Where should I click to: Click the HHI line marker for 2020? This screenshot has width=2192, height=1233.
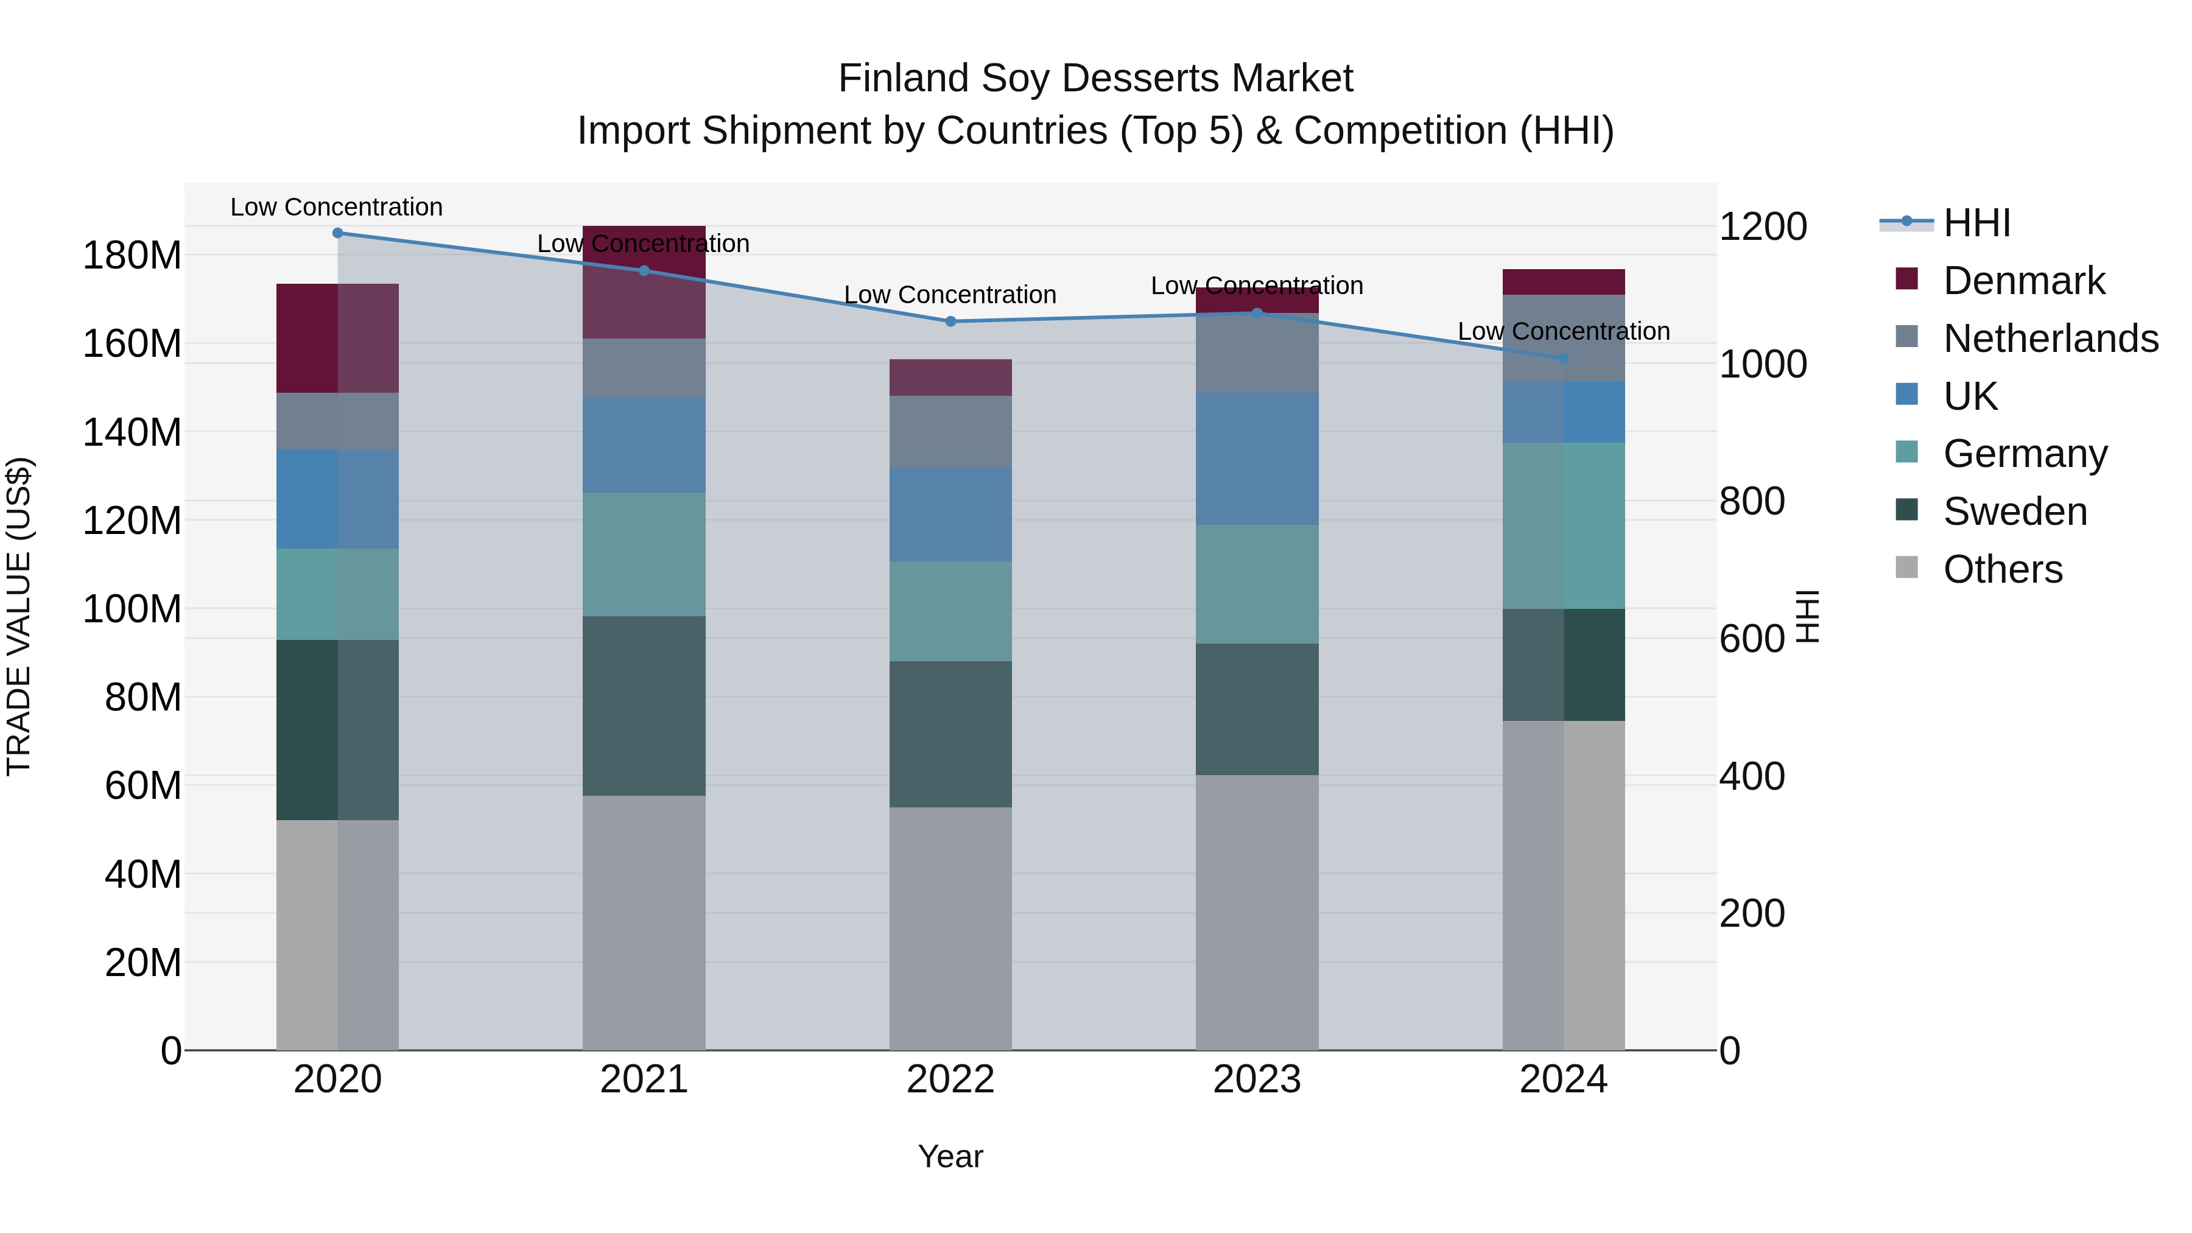(338, 233)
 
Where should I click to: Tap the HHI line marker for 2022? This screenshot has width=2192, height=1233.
(950, 321)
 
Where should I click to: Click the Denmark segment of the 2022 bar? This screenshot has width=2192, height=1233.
(950, 378)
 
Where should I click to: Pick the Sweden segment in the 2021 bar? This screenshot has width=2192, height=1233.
(644, 706)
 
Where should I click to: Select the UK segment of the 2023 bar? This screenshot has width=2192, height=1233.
(1257, 458)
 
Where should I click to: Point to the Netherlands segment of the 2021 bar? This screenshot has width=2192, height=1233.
(644, 368)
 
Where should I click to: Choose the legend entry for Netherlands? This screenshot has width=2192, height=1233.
(2051, 339)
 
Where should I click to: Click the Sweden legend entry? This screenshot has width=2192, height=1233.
(2015, 511)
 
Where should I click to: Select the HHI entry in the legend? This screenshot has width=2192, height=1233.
(1976, 223)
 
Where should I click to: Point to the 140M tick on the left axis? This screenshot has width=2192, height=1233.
(132, 432)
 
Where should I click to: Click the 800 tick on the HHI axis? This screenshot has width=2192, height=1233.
(1752, 501)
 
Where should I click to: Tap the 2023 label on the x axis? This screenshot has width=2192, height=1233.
(1257, 1080)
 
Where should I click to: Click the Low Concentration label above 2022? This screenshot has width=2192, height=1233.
(950, 295)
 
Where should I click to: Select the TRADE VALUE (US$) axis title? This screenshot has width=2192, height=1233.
(19, 616)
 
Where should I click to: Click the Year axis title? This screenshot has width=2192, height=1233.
(950, 1156)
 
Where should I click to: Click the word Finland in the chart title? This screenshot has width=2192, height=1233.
(904, 79)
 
